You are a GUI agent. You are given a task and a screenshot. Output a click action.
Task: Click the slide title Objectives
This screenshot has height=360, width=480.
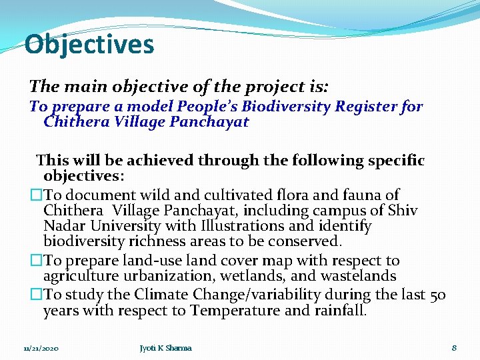tap(89, 45)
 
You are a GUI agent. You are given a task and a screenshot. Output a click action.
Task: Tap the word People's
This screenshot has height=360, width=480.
tap(207, 107)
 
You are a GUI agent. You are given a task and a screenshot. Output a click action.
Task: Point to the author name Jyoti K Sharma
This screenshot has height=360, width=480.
tap(165, 348)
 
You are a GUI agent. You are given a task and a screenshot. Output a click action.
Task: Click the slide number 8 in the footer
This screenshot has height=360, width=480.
tap(453, 348)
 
